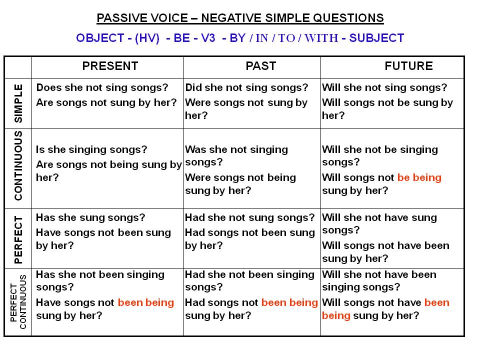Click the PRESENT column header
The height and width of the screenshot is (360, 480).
(x=110, y=66)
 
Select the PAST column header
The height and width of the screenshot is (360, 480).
(x=261, y=66)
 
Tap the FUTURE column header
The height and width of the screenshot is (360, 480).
(x=408, y=66)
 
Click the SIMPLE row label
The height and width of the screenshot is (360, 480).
(x=18, y=103)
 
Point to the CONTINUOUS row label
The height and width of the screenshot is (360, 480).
(x=18, y=165)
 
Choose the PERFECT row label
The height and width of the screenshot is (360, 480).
(x=18, y=239)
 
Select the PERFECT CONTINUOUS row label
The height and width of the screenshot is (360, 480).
(x=18, y=302)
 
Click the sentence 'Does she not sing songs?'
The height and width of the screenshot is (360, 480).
(x=102, y=87)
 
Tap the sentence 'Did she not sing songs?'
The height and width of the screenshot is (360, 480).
(x=246, y=87)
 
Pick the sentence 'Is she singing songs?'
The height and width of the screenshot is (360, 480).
(x=91, y=149)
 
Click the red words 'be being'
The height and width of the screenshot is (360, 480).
(x=419, y=177)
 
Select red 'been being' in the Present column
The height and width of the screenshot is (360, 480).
(x=146, y=302)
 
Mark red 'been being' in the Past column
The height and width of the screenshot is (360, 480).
(x=289, y=302)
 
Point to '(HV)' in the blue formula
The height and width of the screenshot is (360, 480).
(x=147, y=38)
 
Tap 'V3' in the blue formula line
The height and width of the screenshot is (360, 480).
(x=208, y=38)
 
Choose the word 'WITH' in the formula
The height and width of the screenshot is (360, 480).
(x=321, y=38)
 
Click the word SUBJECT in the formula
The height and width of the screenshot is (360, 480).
(x=376, y=38)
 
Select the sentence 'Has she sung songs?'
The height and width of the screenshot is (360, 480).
(x=90, y=217)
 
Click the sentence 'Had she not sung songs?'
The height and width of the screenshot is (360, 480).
(x=250, y=217)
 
